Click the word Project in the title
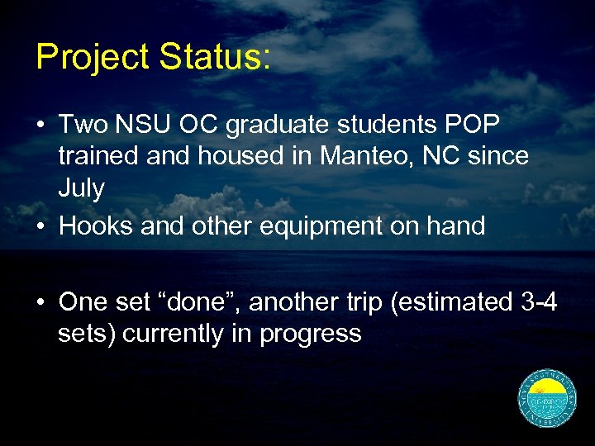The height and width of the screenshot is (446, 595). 92,58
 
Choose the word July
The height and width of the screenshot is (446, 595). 81,188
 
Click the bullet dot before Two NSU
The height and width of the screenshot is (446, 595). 40,126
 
